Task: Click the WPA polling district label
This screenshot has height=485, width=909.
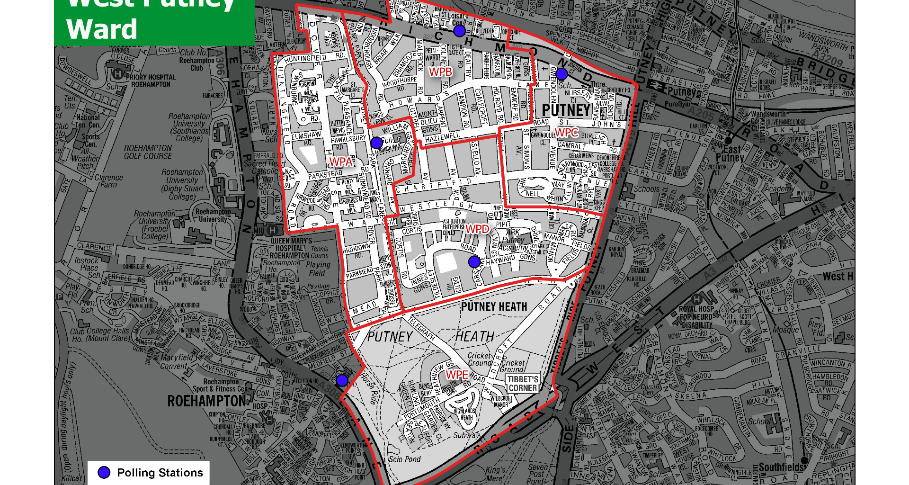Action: coord(341,162)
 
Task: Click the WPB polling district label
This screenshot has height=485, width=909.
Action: coord(440,72)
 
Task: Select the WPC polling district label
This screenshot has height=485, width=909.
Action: coord(566,133)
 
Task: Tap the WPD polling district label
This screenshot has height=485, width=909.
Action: coord(477,229)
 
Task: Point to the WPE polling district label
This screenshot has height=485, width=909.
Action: coord(457,375)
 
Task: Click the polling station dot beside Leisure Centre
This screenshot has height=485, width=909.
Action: coord(459,31)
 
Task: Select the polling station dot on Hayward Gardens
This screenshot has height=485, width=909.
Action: coord(474,261)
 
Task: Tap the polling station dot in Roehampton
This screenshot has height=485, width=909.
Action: coord(342,380)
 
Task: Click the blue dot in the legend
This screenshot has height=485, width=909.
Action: coord(104,472)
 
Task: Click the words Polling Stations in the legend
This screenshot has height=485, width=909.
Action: coord(160,473)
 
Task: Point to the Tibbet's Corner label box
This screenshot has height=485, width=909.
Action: coord(523,384)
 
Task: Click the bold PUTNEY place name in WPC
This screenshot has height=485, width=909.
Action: coord(566,110)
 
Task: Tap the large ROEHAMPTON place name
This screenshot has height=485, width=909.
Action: coord(207,401)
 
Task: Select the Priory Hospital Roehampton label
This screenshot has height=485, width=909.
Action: coord(151,81)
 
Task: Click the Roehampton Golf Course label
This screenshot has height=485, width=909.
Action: coord(148,152)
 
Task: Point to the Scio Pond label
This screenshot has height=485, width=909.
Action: coord(404,459)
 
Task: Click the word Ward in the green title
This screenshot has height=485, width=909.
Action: coord(102,29)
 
